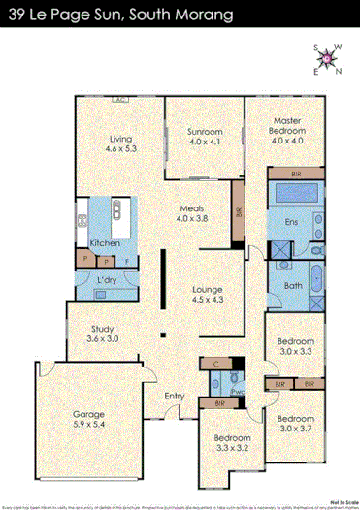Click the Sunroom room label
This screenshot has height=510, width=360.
coord(205,137)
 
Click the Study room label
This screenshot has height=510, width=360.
coord(102,334)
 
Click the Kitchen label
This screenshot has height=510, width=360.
coord(104,242)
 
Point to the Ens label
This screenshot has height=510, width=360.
coord(290,222)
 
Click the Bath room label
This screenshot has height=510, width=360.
coord(292,285)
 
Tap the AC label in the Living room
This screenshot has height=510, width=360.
coord(121,100)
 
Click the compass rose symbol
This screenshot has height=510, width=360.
coord(329,60)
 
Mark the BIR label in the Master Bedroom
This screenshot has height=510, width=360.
coord(295,173)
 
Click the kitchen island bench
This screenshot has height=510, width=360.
coord(119,210)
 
